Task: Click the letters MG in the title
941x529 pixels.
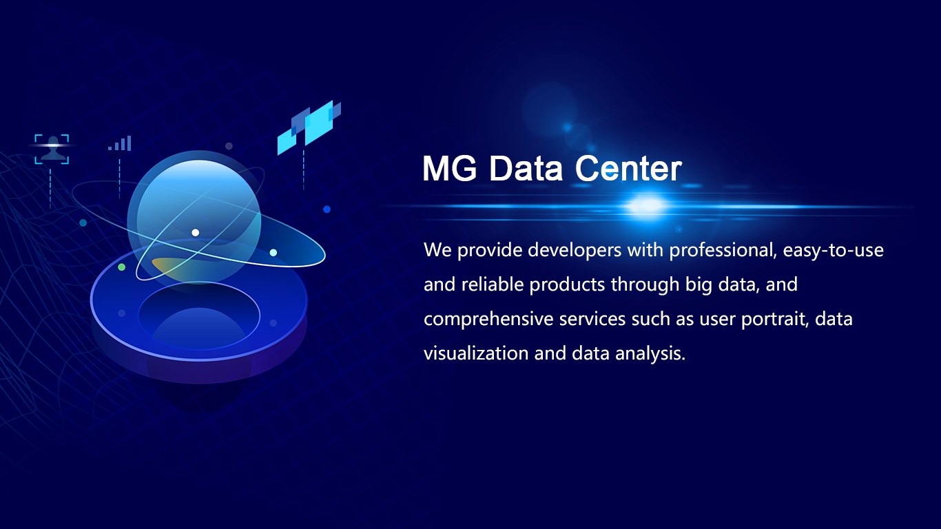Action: [450, 169]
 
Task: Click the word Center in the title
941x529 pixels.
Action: [628, 169]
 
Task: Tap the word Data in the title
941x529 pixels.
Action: [526, 169]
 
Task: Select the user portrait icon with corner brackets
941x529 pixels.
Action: [52, 149]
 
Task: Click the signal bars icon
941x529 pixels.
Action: [120, 143]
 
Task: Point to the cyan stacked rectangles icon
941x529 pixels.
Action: [309, 127]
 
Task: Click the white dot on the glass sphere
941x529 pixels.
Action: [196, 232]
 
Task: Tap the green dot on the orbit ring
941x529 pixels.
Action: [122, 267]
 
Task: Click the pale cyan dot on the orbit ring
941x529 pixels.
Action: [273, 253]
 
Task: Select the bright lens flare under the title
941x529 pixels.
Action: [646, 206]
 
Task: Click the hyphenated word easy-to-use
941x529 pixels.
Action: [834, 251]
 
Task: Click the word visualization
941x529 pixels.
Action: [476, 353]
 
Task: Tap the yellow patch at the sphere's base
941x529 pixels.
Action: [165, 264]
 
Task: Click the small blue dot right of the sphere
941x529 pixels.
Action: [327, 209]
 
